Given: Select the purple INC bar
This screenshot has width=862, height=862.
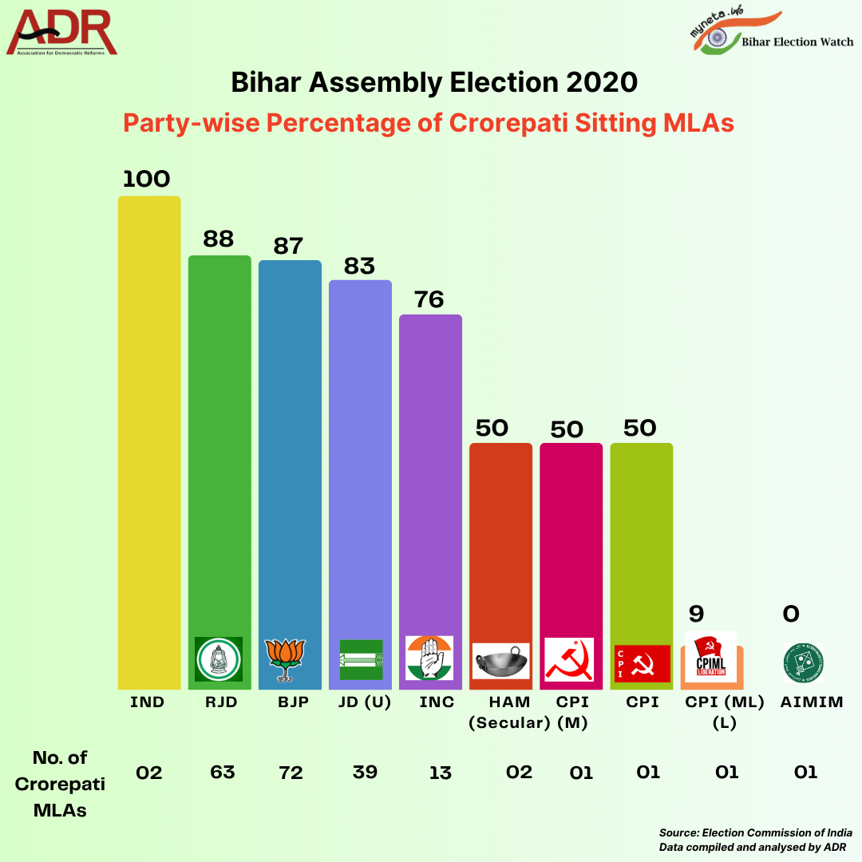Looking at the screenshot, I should [x=430, y=479].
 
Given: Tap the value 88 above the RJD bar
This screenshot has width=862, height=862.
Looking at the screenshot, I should [x=219, y=239].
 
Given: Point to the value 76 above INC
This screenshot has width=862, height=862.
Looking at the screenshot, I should [x=429, y=299].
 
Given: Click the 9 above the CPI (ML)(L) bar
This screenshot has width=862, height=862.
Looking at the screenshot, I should [x=697, y=614].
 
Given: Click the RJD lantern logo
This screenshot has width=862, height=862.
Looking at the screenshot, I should [x=219, y=659].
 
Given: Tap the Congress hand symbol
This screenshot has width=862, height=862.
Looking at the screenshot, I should [x=429, y=658].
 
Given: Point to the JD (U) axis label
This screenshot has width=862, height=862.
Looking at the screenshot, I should [x=360, y=702].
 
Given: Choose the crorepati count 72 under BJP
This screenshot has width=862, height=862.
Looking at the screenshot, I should [x=291, y=772].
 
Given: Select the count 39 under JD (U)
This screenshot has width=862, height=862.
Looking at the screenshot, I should [x=360, y=772].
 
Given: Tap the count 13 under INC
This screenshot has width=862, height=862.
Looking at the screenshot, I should [x=440, y=772].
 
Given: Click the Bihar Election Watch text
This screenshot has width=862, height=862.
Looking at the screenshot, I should [x=797, y=42].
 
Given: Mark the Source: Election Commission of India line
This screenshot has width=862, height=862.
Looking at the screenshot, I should [x=755, y=832].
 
